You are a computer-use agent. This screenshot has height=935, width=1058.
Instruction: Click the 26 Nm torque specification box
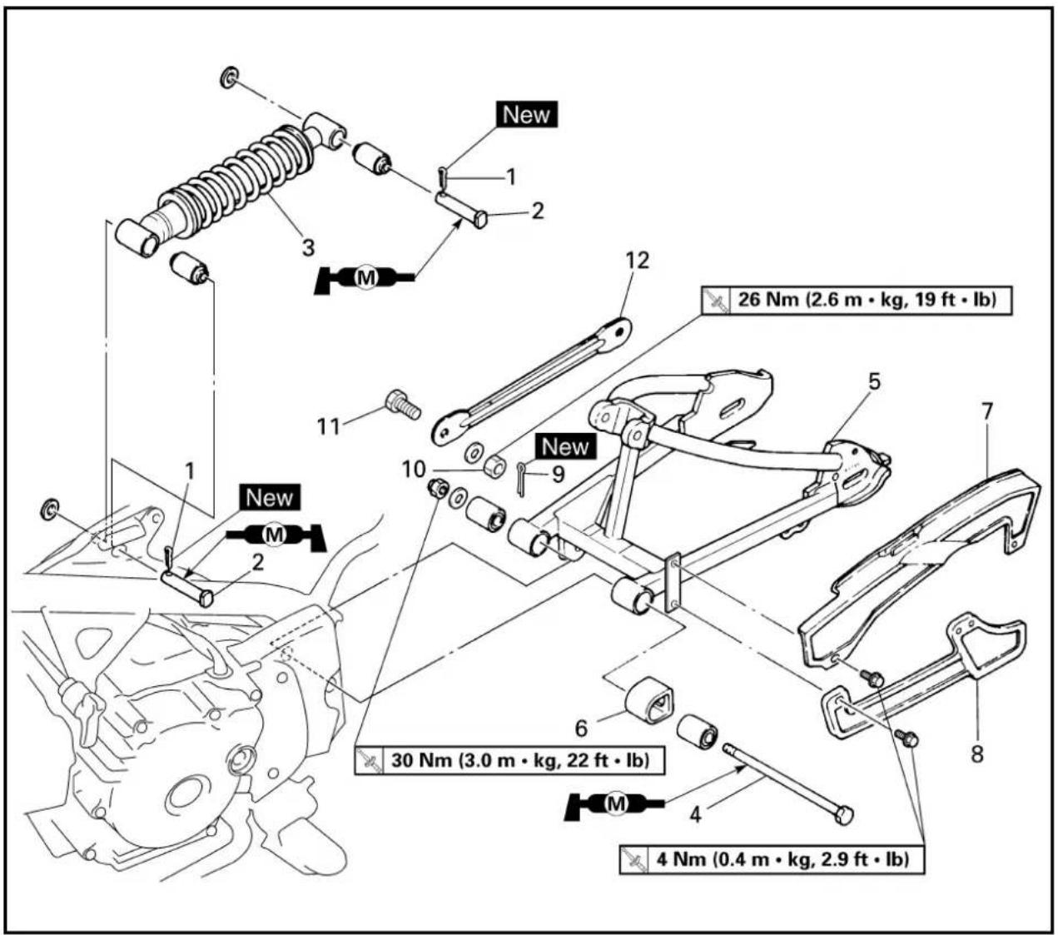click(x=857, y=301)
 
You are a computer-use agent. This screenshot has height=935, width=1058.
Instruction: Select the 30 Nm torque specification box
click(x=509, y=760)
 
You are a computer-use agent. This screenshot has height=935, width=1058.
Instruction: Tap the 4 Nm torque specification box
click(x=772, y=858)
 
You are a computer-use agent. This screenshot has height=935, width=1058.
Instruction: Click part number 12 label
click(x=637, y=261)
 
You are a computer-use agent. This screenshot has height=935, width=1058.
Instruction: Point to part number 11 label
click(x=329, y=427)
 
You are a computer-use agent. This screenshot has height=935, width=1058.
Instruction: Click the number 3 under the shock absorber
click(x=308, y=247)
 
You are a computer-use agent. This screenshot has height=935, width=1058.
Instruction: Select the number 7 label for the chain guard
click(x=986, y=412)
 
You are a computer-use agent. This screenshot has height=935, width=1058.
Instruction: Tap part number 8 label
click(x=976, y=753)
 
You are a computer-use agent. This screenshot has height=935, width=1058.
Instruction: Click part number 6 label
click(x=581, y=729)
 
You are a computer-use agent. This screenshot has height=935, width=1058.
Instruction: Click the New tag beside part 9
click(x=565, y=446)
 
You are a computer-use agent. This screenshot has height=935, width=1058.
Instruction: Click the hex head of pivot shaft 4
click(x=844, y=815)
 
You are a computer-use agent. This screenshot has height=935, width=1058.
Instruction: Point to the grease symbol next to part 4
click(x=614, y=804)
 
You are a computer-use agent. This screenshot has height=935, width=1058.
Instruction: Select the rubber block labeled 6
click(x=648, y=701)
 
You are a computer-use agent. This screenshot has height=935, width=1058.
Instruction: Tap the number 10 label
click(x=414, y=470)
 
